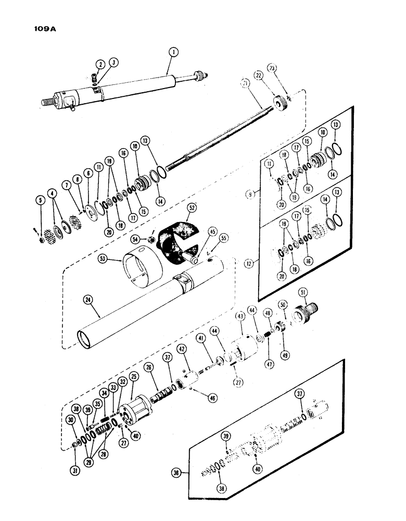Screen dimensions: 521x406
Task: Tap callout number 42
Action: (181, 349)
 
